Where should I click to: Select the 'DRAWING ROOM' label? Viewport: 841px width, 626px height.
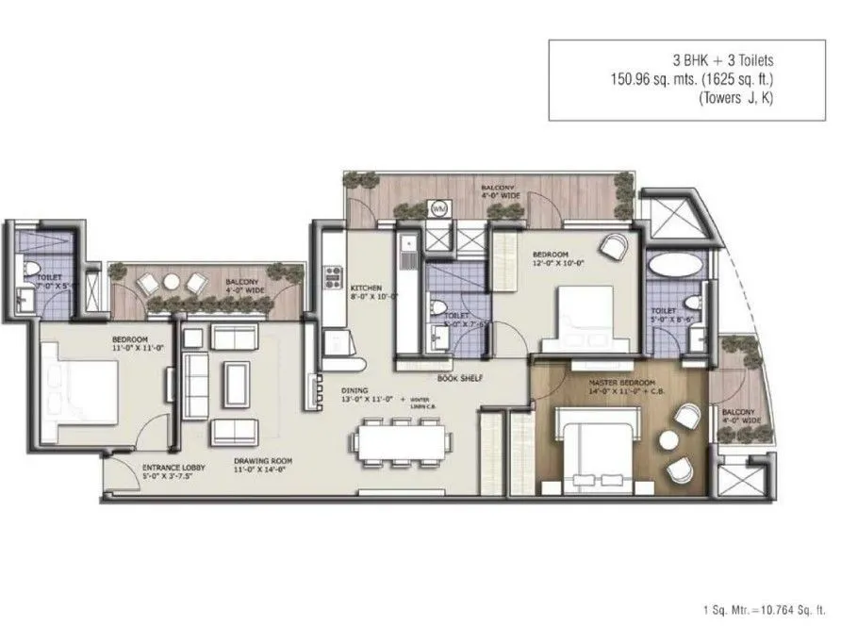click(x=262, y=462)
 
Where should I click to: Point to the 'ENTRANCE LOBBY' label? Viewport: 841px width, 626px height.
click(x=169, y=467)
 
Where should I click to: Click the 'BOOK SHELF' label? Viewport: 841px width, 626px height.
click(x=459, y=378)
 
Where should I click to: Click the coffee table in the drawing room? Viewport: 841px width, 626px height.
click(x=235, y=382)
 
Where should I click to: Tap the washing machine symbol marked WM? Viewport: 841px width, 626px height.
click(x=438, y=209)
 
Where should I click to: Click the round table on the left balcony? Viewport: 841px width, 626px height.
click(x=172, y=282)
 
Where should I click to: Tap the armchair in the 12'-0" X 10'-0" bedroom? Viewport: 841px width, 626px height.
click(x=614, y=248)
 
